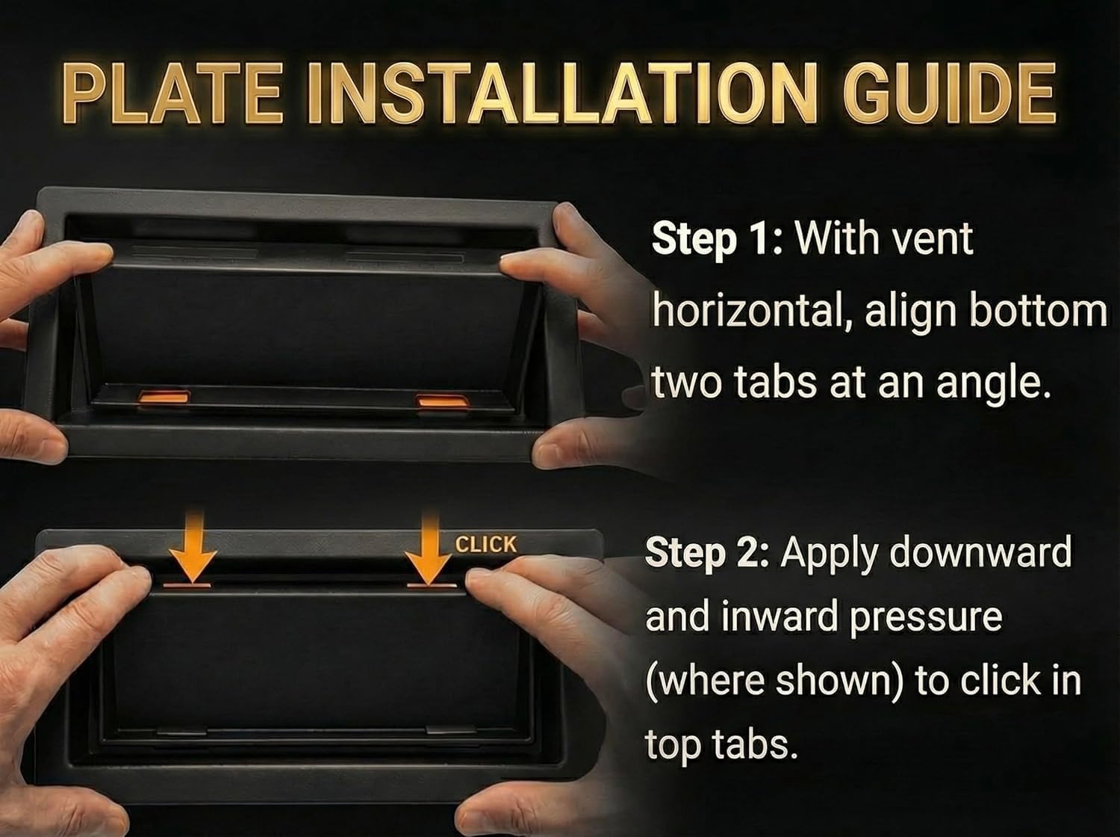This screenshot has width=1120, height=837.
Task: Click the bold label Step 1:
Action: [716, 239]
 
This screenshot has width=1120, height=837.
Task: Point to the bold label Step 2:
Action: [710, 553]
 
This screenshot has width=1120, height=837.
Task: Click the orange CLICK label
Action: [486, 545]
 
